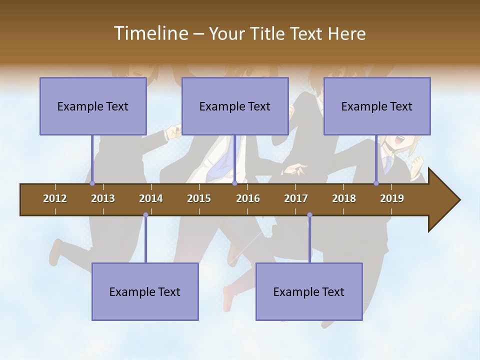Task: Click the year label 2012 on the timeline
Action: click(55, 198)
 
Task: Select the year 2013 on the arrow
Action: click(103, 198)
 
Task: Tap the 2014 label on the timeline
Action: click(151, 198)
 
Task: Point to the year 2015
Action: click(199, 198)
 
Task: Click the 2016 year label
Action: click(248, 198)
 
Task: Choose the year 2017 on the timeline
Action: click(296, 198)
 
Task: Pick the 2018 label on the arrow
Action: click(344, 198)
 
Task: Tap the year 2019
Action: click(392, 198)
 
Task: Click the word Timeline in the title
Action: click(150, 33)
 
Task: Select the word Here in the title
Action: click(346, 33)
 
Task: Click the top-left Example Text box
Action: click(93, 106)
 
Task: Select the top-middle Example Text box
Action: click(235, 106)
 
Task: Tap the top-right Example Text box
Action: click(377, 106)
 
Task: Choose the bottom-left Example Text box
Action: click(145, 291)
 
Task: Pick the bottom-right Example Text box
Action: click(309, 291)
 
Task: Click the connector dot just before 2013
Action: click(92, 183)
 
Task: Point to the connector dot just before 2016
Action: click(234, 183)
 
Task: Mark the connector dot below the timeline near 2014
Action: click(145, 215)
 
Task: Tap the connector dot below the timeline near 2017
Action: click(309, 215)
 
